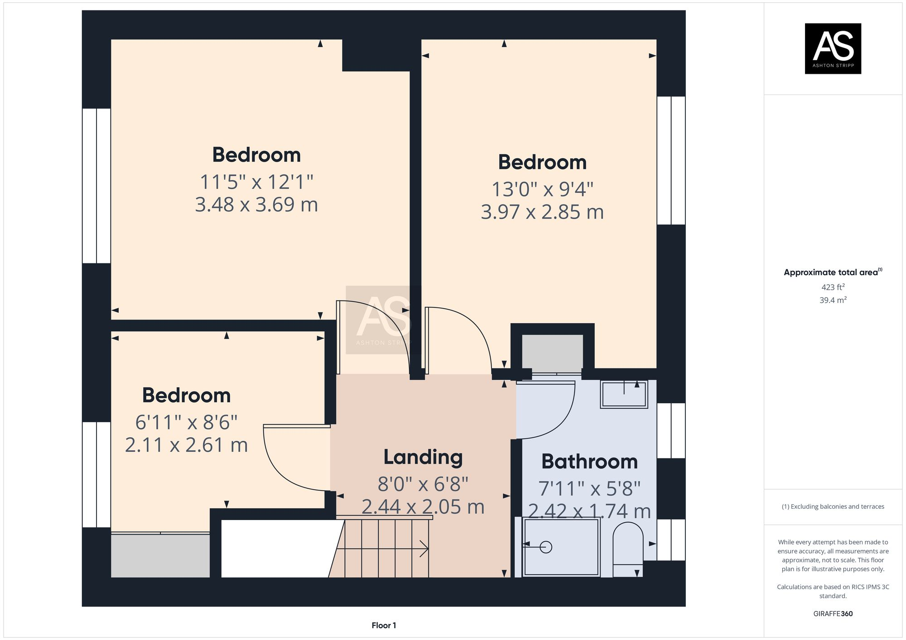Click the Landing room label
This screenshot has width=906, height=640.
pyautogui.click(x=423, y=457)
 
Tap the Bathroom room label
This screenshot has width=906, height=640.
pyautogui.click(x=589, y=462)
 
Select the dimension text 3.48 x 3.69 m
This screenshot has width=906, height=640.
pyautogui.click(x=256, y=205)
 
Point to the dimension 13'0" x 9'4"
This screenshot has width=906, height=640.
pyautogui.click(x=542, y=189)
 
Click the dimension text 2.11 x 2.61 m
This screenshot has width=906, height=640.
pyautogui.click(x=186, y=445)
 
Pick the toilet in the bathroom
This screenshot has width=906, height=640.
pyautogui.click(x=628, y=548)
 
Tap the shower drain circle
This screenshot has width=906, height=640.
pyautogui.click(x=546, y=547)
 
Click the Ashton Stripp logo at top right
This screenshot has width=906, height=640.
pyautogui.click(x=833, y=48)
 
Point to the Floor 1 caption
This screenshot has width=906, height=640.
pyautogui.click(x=384, y=626)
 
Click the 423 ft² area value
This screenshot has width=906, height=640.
pyautogui.click(x=833, y=287)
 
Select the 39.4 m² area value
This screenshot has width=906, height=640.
pyautogui.click(x=833, y=300)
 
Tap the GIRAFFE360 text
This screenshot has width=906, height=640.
pyautogui.click(x=833, y=614)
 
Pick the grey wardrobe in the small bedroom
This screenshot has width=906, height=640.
pyautogui.click(x=160, y=556)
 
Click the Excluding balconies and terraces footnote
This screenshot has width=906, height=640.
pyautogui.click(x=833, y=506)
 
